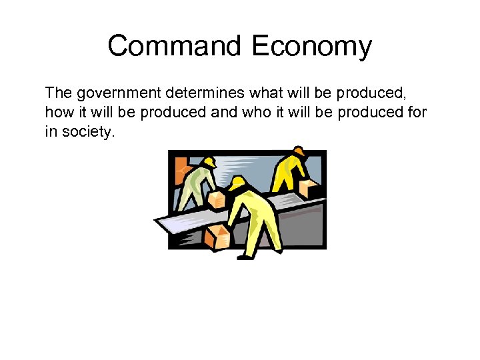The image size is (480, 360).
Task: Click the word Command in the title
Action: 175,47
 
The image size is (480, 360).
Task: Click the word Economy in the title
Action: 311,47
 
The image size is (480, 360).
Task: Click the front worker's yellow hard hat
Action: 237,181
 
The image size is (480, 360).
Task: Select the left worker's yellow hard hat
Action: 209,162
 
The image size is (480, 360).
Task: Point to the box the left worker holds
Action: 215,199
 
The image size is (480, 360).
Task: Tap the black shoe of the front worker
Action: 245,257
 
